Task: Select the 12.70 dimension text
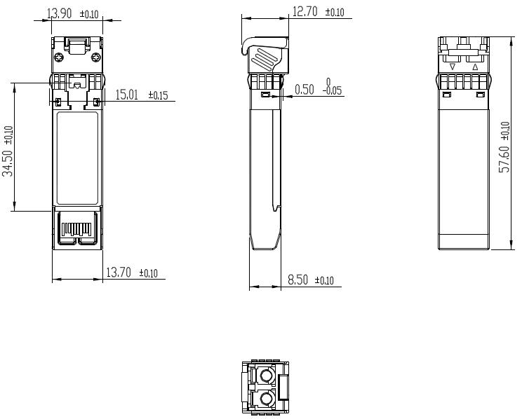click(305, 11)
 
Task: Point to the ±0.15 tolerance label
click(158, 96)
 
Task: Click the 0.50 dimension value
click(304, 89)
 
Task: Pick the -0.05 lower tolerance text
click(333, 91)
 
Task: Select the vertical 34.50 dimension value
click(8, 162)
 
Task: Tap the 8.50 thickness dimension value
click(298, 280)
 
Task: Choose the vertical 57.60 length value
click(504, 158)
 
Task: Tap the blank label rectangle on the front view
click(77, 157)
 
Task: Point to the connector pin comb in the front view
click(77, 228)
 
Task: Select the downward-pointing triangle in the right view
click(453, 67)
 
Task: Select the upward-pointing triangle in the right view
click(475, 67)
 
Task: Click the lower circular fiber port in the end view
click(267, 401)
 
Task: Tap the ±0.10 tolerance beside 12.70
click(335, 13)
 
